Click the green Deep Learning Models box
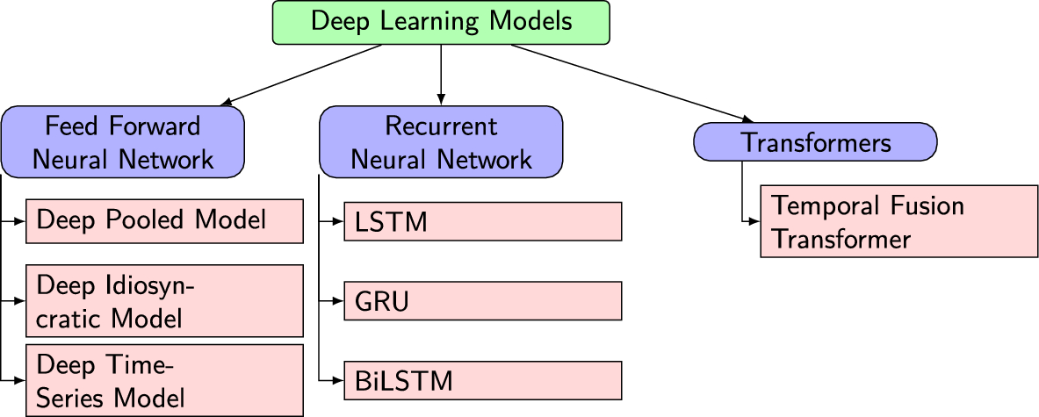pos(441,22)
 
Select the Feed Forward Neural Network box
pos(123,142)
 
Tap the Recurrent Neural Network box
pos(441,142)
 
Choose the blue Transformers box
pos(815,142)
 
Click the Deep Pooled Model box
pos(165,220)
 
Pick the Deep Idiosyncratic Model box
pos(165,300)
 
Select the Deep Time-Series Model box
pos(165,380)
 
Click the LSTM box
pos(482,221)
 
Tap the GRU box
pos(482,300)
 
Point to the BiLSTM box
pos(482,380)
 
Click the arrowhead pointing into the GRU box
pos(337,300)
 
